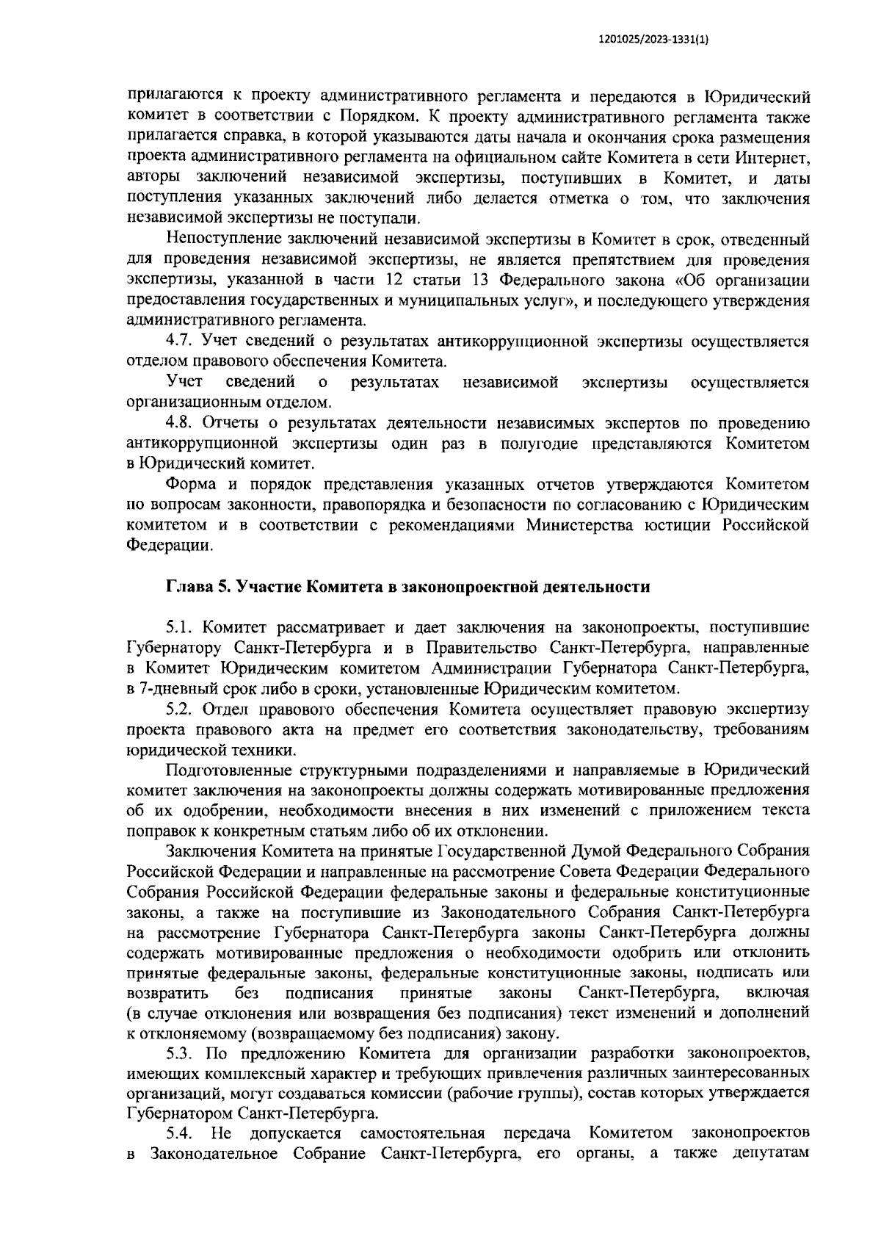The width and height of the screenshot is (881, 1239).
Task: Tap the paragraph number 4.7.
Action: tap(180, 341)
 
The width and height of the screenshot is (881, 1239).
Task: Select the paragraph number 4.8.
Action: tap(180, 423)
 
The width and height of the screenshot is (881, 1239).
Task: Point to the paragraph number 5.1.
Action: tap(180, 627)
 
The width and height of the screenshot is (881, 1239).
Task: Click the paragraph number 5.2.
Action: tap(180, 709)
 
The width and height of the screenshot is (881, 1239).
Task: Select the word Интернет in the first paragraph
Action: tap(775, 157)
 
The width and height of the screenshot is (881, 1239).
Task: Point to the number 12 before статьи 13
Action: tap(395, 280)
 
